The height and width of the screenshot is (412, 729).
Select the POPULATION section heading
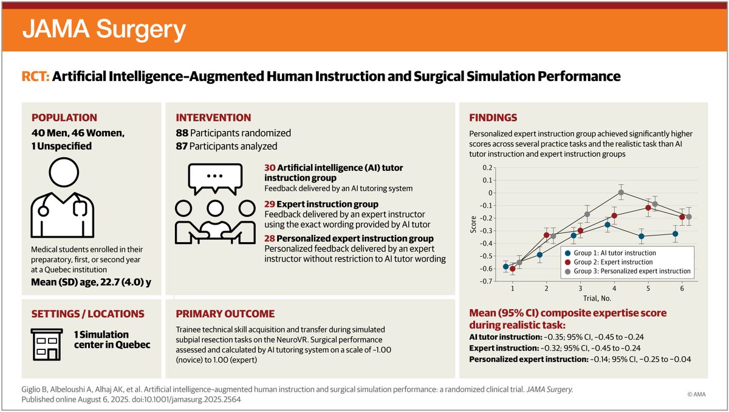coord(64,117)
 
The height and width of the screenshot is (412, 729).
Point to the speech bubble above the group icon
coord(214,177)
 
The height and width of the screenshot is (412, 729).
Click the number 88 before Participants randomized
coord(182,133)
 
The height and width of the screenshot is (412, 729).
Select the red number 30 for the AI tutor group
coord(270,167)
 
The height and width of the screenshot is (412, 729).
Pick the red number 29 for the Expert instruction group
coord(270,204)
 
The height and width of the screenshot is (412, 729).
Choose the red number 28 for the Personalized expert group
coord(270,239)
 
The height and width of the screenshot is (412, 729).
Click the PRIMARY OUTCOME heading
coord(225,314)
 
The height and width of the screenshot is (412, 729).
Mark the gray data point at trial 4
coord(621,192)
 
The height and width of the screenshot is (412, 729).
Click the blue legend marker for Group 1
coord(567,253)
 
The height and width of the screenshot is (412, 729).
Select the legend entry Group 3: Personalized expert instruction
coord(632,271)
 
